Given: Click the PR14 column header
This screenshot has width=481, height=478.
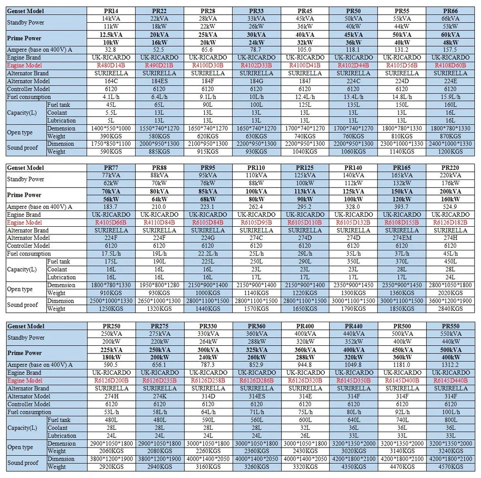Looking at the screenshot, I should tap(111, 11).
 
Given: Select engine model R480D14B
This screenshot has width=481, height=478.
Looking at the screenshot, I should tap(111, 65).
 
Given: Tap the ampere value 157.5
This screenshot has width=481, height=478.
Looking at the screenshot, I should tap(450, 50).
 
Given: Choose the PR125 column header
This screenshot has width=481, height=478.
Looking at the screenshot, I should tap(305, 168).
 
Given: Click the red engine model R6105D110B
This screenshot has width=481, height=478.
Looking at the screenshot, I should tap(305, 223).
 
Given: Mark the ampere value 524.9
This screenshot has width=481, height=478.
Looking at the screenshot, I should tap(450, 207).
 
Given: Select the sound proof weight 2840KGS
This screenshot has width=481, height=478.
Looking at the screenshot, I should tap(450, 309).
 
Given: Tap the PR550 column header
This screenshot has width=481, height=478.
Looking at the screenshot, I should tap(450, 326).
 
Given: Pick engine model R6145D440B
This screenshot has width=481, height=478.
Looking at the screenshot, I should tap(450, 380).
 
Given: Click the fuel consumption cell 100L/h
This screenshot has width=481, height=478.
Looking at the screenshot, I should tap(450, 412).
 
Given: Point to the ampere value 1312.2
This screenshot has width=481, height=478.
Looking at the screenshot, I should tap(450, 365).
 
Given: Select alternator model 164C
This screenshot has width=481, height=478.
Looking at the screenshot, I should tap(111, 81).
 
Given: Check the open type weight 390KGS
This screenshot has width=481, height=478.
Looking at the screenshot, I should tap(111, 136).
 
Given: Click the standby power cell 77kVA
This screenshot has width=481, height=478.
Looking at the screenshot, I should tap(111, 175).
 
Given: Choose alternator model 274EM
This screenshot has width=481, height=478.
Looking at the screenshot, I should tap(402, 238).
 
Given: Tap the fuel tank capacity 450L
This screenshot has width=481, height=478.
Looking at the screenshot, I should tap(450, 262).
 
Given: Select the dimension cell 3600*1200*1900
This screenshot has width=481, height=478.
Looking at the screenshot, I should tap(450, 301).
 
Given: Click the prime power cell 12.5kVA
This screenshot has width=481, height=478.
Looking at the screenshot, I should tap(111, 35).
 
